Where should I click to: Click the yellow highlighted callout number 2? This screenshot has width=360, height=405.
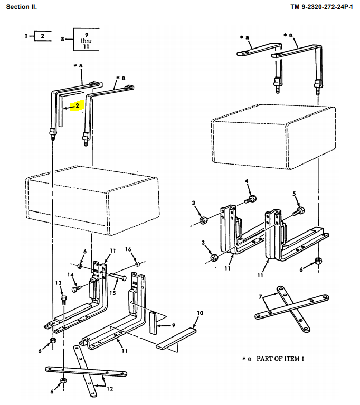coord(77,105)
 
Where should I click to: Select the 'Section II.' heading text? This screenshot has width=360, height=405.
coord(22,7)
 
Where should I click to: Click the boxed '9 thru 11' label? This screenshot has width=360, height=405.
coord(86,40)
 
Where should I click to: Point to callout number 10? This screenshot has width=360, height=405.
coord(200,313)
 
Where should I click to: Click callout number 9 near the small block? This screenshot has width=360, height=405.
coord(173,325)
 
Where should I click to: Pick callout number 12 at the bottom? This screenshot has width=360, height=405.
coord(110,389)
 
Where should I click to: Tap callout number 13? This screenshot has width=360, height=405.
coord(59,283)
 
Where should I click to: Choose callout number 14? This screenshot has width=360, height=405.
coord(70,275)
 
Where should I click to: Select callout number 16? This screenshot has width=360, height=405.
coord(128,249)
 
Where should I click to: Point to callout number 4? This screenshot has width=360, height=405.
coord(247,181)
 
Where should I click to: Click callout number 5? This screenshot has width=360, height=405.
coord(295,194)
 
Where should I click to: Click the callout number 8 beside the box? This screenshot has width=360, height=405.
coord(63,40)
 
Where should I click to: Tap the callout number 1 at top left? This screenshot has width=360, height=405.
coord(25,36)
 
